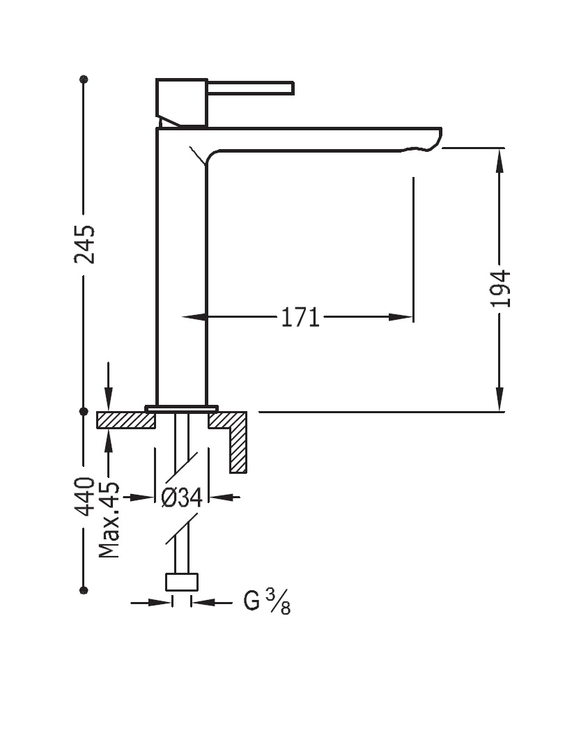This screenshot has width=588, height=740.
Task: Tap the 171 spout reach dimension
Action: (x=300, y=318)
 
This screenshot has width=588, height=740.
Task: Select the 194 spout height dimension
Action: (x=500, y=288)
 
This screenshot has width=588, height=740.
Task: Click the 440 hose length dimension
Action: (x=85, y=496)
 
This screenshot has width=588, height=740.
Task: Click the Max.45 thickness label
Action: (x=109, y=521)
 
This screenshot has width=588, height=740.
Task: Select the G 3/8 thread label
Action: (x=267, y=601)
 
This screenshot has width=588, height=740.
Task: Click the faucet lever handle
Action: (x=251, y=88)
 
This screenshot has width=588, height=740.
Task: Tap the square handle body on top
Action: (x=182, y=102)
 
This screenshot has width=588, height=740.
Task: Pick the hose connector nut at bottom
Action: (x=182, y=582)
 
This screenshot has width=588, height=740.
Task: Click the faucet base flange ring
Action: (x=181, y=408)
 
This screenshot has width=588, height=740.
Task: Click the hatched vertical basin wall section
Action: (x=238, y=446)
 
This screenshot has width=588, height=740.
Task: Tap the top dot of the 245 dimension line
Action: (x=84, y=79)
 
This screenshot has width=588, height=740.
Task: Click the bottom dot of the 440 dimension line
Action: (x=84, y=590)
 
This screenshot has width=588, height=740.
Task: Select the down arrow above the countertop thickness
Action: (x=108, y=400)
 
